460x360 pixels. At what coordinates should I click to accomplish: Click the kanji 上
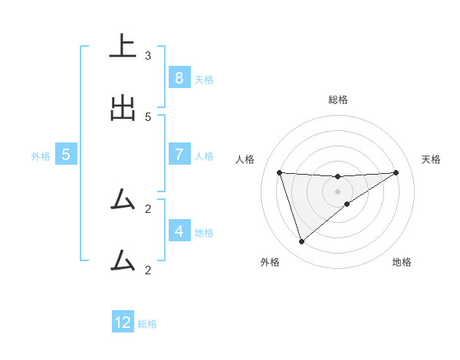pyautogui.click(x=123, y=46)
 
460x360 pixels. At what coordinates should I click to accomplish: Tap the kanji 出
pyautogui.click(x=123, y=109)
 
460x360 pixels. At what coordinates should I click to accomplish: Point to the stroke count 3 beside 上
pyautogui.click(x=148, y=56)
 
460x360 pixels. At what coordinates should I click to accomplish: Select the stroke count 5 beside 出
pyautogui.click(x=148, y=117)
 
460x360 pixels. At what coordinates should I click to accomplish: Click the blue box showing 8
pyautogui.click(x=179, y=78)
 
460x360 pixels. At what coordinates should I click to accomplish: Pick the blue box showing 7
pyautogui.click(x=179, y=155)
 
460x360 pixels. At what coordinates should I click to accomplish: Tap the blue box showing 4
pyautogui.click(x=179, y=231)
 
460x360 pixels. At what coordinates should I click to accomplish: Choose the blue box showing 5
pyautogui.click(x=66, y=155)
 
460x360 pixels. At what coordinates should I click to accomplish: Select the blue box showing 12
pyautogui.click(x=123, y=322)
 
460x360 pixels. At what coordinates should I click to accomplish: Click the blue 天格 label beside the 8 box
pyautogui.click(x=204, y=80)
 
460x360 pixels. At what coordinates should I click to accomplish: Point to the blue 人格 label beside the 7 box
pyautogui.click(x=204, y=156)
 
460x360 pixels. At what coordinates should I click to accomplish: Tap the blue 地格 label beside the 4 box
pyautogui.click(x=204, y=232)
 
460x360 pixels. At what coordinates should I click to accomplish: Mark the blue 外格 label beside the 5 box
pyautogui.click(x=41, y=156)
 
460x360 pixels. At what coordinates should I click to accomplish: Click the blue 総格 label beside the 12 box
pyautogui.click(x=147, y=324)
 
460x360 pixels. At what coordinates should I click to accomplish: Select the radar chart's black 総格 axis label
pyautogui.click(x=338, y=100)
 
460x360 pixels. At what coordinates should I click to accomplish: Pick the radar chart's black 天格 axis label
pyautogui.click(x=432, y=159)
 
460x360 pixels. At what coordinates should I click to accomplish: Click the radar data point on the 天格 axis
pyautogui.click(x=396, y=172)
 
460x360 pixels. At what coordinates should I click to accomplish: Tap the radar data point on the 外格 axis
pyautogui.click(x=301, y=242)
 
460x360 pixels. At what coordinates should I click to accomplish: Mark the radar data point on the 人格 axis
pyautogui.click(x=279, y=172)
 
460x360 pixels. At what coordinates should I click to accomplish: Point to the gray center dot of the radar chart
pyautogui.click(x=338, y=191)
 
